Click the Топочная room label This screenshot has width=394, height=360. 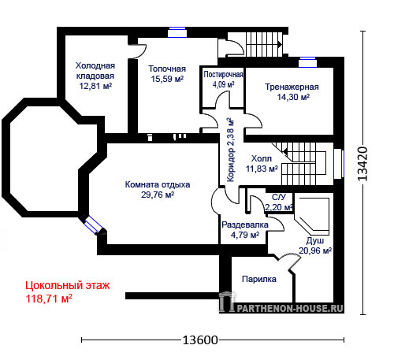pyautogui.click(x=167, y=69)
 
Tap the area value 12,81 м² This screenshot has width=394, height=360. pyautogui.click(x=95, y=86)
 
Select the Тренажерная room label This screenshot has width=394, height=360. pyautogui.click(x=292, y=87)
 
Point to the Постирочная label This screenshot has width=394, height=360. pyautogui.click(x=223, y=75)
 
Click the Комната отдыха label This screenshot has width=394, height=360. pyautogui.click(x=158, y=184)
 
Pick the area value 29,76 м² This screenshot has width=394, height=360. pyautogui.click(x=158, y=195)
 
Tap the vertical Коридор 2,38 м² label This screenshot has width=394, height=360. pyautogui.click(x=230, y=150)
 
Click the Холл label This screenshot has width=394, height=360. pyautogui.click(x=262, y=158)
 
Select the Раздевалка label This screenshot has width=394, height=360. pyautogui.click(x=245, y=225)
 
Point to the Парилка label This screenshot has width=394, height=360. pyautogui.click(x=259, y=279)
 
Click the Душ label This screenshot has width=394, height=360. pyautogui.click(x=315, y=241)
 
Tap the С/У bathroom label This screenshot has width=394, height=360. pyautogui.click(x=279, y=197)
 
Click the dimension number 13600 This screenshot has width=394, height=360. pyautogui.click(x=200, y=340)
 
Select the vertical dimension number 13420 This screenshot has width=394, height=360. pyautogui.click(x=362, y=164)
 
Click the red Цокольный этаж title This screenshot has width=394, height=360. pyautogui.click(x=68, y=285)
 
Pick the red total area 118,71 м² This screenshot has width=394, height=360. pyautogui.click(x=49, y=299)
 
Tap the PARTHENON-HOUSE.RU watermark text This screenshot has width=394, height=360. pyautogui.click(x=290, y=308)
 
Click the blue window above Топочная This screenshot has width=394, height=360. pyautogui.click(x=177, y=32)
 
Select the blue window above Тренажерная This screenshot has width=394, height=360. pyautogui.click(x=307, y=62)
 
